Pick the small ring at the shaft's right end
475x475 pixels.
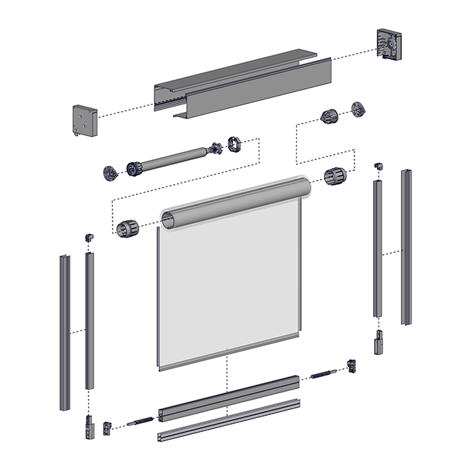pyautogui.click(x=235, y=143)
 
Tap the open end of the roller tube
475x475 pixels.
pyautogui.click(x=168, y=219)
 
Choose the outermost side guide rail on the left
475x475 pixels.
pyautogui.click(x=64, y=332)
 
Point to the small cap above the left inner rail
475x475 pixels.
pyautogui.click(x=89, y=237)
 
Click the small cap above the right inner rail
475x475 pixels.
pyautogui.click(x=378, y=166)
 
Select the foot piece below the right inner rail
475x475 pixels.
pyautogui.click(x=379, y=343)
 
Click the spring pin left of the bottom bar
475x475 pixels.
pyautogui.click(x=141, y=421)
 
